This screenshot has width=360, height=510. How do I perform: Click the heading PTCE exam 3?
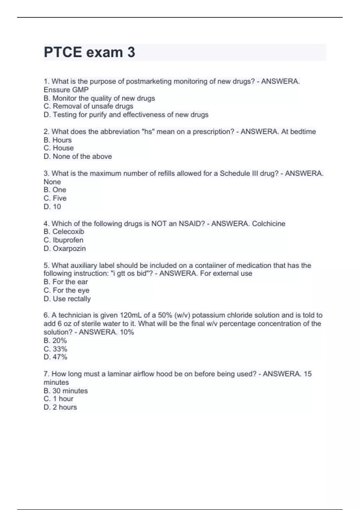(89, 52)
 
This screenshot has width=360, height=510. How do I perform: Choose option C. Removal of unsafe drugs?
(88, 106)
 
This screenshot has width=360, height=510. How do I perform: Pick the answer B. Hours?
(58, 140)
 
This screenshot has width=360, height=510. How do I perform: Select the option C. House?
(58, 148)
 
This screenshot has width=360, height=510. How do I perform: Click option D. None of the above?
(78, 156)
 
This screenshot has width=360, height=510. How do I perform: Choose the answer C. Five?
(55, 198)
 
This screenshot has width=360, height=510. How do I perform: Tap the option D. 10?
(52, 207)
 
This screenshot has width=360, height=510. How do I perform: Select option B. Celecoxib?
(64, 232)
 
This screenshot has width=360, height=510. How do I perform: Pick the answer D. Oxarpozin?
(65, 248)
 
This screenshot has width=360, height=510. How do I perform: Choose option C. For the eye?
(66, 290)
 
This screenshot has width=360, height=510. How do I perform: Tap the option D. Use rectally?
(67, 299)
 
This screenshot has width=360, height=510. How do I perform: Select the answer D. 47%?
(55, 357)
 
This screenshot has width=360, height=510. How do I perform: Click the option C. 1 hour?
(58, 399)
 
